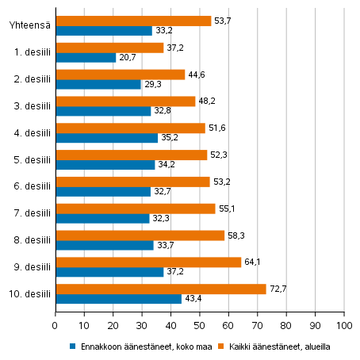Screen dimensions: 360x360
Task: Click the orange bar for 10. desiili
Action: coord(160,289)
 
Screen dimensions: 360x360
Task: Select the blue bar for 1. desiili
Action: coord(85,58)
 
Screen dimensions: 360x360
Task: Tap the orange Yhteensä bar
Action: coord(132,21)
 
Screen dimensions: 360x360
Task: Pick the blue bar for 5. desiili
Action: coord(105,165)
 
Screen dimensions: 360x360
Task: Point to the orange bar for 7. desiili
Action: coord(135,208)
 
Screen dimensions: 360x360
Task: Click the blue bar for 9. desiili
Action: coord(109,272)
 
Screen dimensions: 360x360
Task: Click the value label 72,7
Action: coord(278,289)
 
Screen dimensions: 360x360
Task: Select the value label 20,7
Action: coord(128,58)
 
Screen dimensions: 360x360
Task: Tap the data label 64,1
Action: coord(253,262)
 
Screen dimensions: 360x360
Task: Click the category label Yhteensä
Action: coord(30,25)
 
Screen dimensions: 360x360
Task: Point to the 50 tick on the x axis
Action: coord(200,325)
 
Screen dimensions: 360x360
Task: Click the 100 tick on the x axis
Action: coord(344,325)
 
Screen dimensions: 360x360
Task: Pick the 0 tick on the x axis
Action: coord(56,325)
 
